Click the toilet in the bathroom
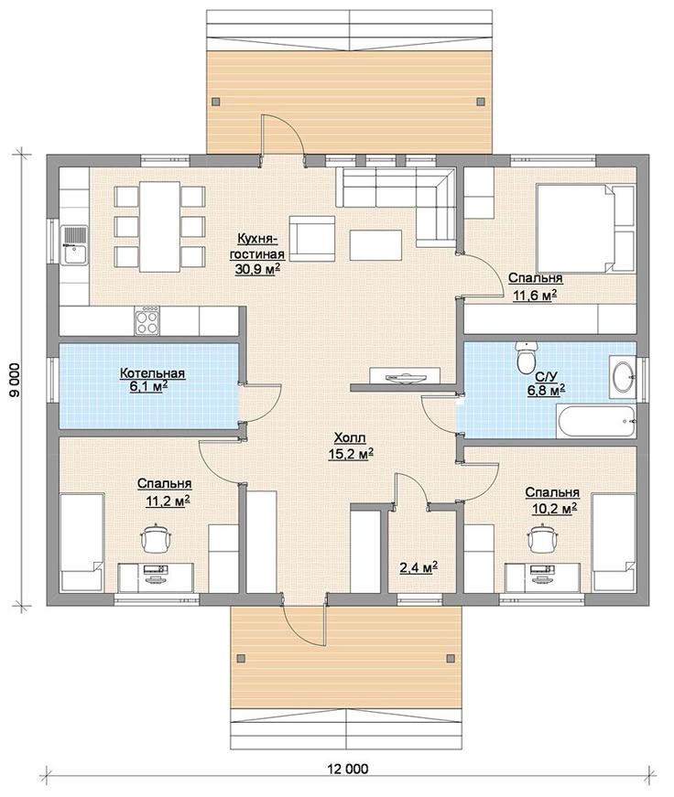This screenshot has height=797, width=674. pyautogui.click(x=526, y=358)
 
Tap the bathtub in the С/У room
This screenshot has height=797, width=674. pyautogui.click(x=595, y=421)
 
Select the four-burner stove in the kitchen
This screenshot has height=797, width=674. pyautogui.click(x=147, y=320)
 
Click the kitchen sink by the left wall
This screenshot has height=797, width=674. pyautogui.click(x=74, y=245)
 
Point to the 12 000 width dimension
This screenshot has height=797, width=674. pyautogui.click(x=353, y=769)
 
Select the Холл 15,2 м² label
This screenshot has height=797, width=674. pyautogui.click(x=351, y=446)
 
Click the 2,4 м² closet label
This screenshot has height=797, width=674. pyautogui.click(x=419, y=566)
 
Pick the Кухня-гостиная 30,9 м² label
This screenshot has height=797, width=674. pyautogui.click(x=258, y=253)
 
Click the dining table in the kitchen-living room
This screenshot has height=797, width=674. pyautogui.click(x=159, y=227)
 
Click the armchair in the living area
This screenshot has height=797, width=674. pyautogui.click(x=312, y=239)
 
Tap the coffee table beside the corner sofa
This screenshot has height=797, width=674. pyautogui.click(x=375, y=245)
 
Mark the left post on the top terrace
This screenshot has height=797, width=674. pyautogui.click(x=216, y=102)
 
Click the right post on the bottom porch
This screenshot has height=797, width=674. pyautogui.click(x=451, y=658)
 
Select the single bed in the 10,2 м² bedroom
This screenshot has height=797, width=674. pyautogui.click(x=614, y=543)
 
